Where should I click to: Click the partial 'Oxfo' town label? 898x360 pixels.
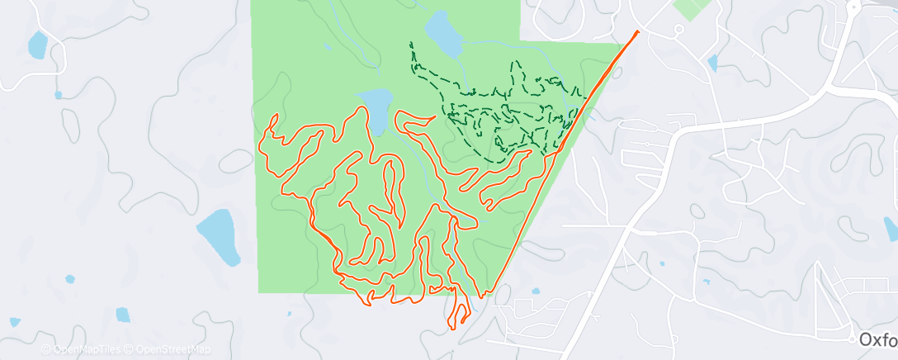click(877, 339)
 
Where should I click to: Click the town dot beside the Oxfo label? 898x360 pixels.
click(853, 339)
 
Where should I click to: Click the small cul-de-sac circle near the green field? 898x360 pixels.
click(678, 30)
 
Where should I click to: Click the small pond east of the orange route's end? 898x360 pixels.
click(712, 62)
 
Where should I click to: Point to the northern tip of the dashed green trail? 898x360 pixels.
click(410, 43)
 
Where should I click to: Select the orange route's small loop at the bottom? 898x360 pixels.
click(459, 315)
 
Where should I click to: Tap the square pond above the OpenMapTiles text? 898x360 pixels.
click(122, 315)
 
